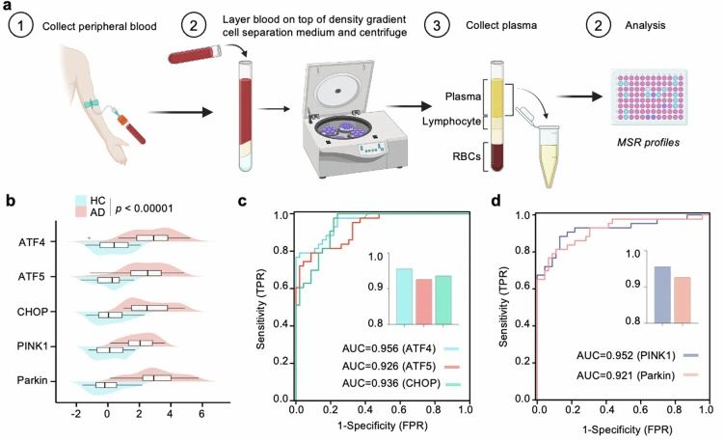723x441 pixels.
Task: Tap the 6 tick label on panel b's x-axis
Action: (x=201, y=413)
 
